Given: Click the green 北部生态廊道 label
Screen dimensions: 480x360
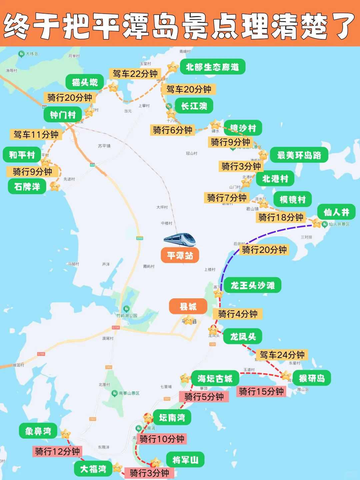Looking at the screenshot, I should (213, 67).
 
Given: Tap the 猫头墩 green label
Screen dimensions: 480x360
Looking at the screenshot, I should (85, 82).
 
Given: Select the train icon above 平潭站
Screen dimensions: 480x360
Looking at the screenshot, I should (180, 239).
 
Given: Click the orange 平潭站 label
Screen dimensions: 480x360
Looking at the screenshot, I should (180, 255).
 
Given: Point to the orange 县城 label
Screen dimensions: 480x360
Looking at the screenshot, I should (188, 306).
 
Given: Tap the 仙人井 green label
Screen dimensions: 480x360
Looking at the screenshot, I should (336, 212).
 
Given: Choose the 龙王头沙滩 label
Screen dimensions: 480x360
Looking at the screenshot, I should (252, 285).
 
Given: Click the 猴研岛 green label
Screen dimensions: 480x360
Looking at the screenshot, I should (312, 378).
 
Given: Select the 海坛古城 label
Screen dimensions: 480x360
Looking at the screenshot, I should (215, 378).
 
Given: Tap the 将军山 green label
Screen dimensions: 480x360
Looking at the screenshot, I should (185, 460).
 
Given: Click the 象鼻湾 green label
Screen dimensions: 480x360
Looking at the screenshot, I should (38, 431).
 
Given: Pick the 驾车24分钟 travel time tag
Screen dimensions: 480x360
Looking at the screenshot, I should (282, 355).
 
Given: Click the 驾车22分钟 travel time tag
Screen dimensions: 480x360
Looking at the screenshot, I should (135, 74).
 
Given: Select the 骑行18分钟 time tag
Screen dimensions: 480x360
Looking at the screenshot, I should (281, 217).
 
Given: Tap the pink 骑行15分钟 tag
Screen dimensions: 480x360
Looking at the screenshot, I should (261, 391).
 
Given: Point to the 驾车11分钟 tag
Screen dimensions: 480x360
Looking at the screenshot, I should (36, 134).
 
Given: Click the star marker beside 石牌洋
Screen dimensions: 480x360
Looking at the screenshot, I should (54, 186).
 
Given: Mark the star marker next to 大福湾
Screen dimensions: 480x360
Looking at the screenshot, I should (117, 467).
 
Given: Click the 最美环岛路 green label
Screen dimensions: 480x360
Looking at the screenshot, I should (299, 155).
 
